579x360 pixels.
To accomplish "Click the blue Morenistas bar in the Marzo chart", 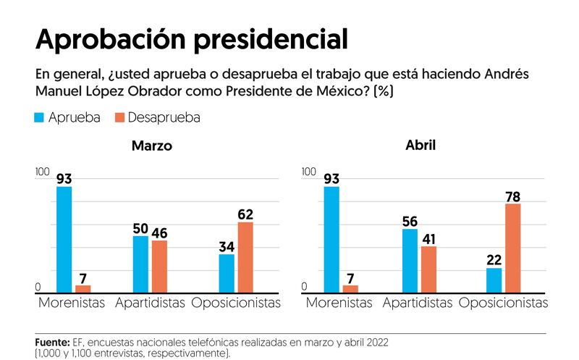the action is pyautogui.click(x=64, y=240).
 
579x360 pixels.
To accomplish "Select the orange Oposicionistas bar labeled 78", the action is pyautogui.click(x=513, y=248).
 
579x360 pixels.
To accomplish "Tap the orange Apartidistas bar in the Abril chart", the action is pyautogui.click(x=428, y=269).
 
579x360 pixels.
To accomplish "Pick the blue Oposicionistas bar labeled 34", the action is pyautogui.click(x=227, y=274).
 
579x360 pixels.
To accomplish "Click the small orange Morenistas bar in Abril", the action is pyautogui.click(x=350, y=289).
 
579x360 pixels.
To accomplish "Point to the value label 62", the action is pyautogui.click(x=245, y=214).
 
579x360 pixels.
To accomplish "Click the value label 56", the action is pyautogui.click(x=410, y=222).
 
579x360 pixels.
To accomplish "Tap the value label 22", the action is pyautogui.click(x=494, y=260).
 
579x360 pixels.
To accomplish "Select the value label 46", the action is pyautogui.click(x=159, y=233).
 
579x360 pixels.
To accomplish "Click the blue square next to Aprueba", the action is pyautogui.click(x=39, y=117).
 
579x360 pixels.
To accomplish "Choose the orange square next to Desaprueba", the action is pyautogui.click(x=119, y=117).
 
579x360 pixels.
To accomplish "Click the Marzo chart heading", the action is pyautogui.click(x=152, y=146).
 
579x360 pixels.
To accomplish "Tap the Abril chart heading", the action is pyautogui.click(x=420, y=145).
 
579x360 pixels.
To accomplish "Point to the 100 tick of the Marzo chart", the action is pyautogui.click(x=43, y=172).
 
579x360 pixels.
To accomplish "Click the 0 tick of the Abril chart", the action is pyautogui.click(x=304, y=286).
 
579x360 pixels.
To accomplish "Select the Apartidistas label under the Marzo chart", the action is pyautogui.click(x=150, y=303).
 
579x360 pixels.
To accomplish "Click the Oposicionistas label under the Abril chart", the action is pyautogui.click(x=503, y=303).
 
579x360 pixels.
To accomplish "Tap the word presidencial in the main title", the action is pyautogui.click(x=271, y=40).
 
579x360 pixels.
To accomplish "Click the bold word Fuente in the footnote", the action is pyautogui.click(x=52, y=343).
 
